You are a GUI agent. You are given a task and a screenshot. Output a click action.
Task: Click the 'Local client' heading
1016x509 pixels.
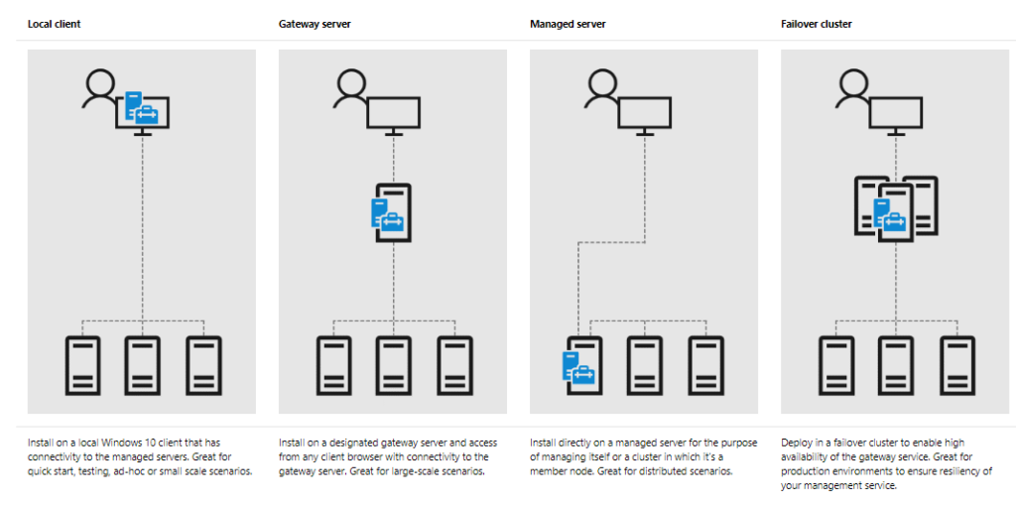pyautogui.click(x=55, y=23)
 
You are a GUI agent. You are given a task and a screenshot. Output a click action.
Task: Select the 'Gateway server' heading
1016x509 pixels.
pyautogui.click(x=314, y=23)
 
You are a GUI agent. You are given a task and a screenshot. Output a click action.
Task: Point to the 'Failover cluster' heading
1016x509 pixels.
pyautogui.click(x=817, y=23)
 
